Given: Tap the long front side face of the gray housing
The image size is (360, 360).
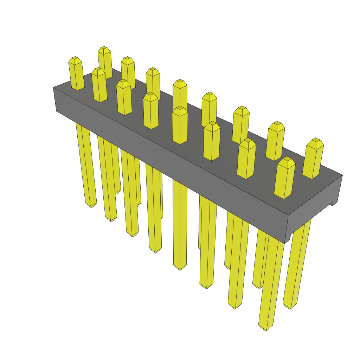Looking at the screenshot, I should (x=169, y=158).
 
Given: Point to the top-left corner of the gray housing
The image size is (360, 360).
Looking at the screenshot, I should (x=53, y=88).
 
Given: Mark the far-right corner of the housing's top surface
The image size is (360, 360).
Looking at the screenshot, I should (x=342, y=175).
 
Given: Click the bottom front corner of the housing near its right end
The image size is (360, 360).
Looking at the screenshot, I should (x=284, y=243).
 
